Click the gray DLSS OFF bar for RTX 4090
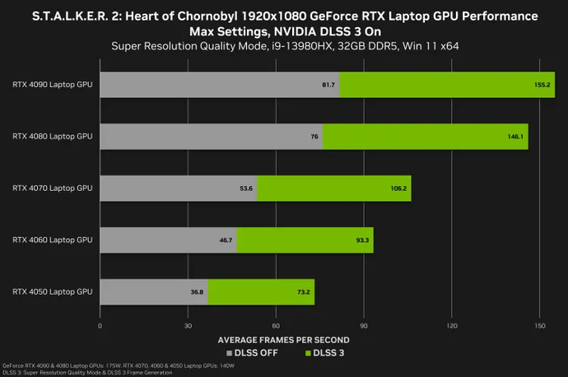[x=218, y=85]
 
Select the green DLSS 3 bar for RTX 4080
[x=425, y=137]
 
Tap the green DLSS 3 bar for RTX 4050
[x=261, y=291]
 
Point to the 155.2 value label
[x=543, y=85]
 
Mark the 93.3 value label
[x=363, y=240]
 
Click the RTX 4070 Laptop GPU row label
[x=53, y=188]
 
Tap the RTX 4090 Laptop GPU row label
[x=53, y=84]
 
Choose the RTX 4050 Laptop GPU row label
[x=53, y=291]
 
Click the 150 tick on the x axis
[x=539, y=326]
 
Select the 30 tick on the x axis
[x=188, y=326]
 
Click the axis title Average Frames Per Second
[x=283, y=339]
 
